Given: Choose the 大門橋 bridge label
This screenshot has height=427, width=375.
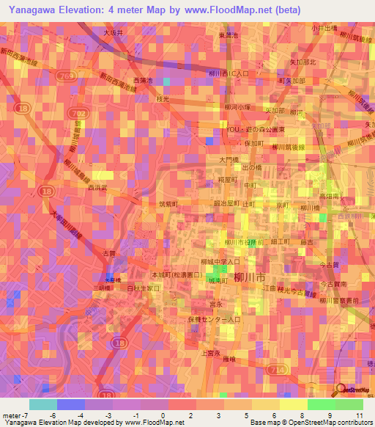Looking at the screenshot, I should (228, 158).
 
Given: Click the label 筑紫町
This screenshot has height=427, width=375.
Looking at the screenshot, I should (168, 205).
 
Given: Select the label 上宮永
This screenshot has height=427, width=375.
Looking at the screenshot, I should (210, 352).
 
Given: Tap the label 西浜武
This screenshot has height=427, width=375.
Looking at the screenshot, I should (97, 189).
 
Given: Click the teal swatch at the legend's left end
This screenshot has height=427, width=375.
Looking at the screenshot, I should (42, 404).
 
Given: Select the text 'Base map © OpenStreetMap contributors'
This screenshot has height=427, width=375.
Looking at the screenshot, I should (310, 423).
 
